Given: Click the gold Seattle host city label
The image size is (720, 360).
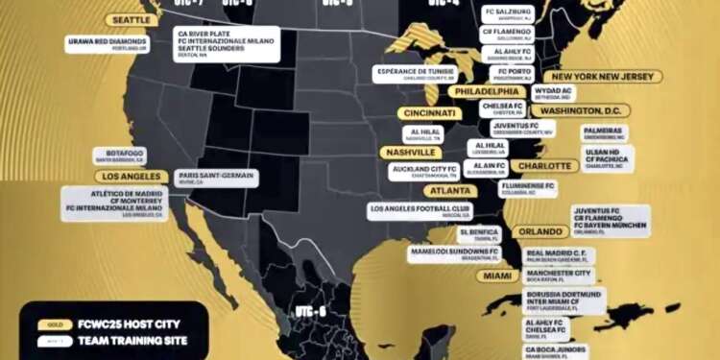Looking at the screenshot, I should [135, 20].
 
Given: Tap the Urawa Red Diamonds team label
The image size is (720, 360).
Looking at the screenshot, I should [108, 43].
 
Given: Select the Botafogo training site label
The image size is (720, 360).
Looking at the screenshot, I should [119, 156].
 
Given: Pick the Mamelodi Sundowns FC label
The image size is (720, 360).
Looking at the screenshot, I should [455, 253].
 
